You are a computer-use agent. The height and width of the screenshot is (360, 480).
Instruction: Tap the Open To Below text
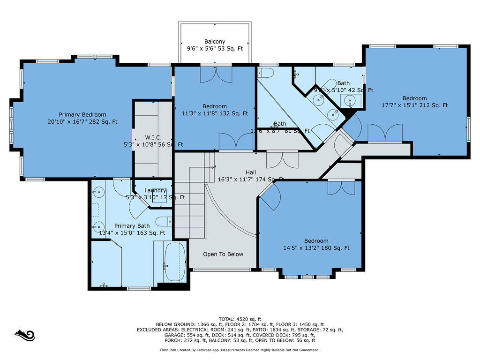(x=223, y=254)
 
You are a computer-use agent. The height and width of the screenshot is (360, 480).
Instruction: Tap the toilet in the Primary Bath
(x=164, y=221)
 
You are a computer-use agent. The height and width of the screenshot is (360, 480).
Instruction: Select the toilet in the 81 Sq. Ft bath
(x=265, y=73)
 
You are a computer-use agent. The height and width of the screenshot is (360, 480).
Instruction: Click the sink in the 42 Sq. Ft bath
(x=350, y=100)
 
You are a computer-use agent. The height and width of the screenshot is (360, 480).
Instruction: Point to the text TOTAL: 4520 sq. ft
(x=240, y=319)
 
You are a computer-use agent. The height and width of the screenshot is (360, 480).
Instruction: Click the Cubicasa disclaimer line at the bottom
(x=240, y=350)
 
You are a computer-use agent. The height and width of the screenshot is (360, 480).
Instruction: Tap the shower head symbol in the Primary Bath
(x=104, y=284)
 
